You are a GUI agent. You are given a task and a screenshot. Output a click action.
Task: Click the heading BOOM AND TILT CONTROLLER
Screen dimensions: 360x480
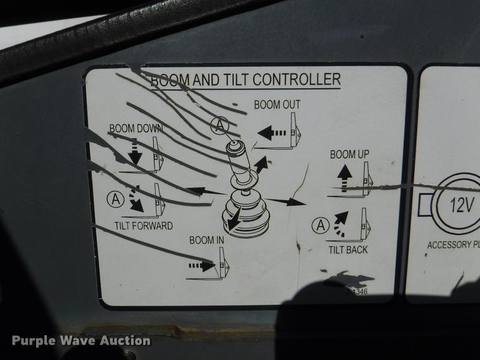(246, 79)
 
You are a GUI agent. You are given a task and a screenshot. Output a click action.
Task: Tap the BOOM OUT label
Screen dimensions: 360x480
(277, 105)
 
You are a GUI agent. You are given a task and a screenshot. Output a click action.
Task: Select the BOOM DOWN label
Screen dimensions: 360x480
(136, 128)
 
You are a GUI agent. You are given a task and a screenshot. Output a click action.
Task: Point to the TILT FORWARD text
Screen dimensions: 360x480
(143, 226)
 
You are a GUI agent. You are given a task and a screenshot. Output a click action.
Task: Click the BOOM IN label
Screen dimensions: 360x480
(207, 240)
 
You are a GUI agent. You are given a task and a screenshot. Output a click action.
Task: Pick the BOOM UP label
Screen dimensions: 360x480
(349, 154)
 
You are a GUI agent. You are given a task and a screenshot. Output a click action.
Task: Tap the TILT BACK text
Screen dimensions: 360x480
(348, 250)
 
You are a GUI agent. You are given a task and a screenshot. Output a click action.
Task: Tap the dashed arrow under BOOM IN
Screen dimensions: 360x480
(201, 267)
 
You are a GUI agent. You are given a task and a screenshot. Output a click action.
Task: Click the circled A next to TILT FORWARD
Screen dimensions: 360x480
(115, 198)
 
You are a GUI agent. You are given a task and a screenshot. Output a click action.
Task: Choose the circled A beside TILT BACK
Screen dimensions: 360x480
(322, 224)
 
